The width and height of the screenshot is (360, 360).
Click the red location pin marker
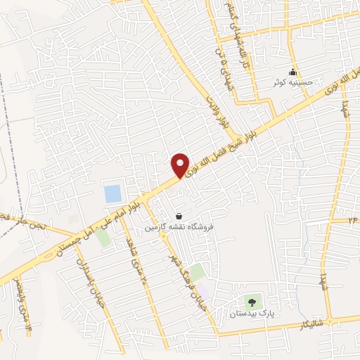181,165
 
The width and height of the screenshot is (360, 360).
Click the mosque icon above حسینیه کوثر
294,72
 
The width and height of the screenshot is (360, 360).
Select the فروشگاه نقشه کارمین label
179,227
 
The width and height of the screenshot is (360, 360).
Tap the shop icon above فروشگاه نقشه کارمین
180,216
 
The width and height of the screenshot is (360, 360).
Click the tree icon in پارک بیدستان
252,302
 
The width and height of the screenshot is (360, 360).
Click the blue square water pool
112,193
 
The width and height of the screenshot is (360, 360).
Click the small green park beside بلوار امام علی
103,238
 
